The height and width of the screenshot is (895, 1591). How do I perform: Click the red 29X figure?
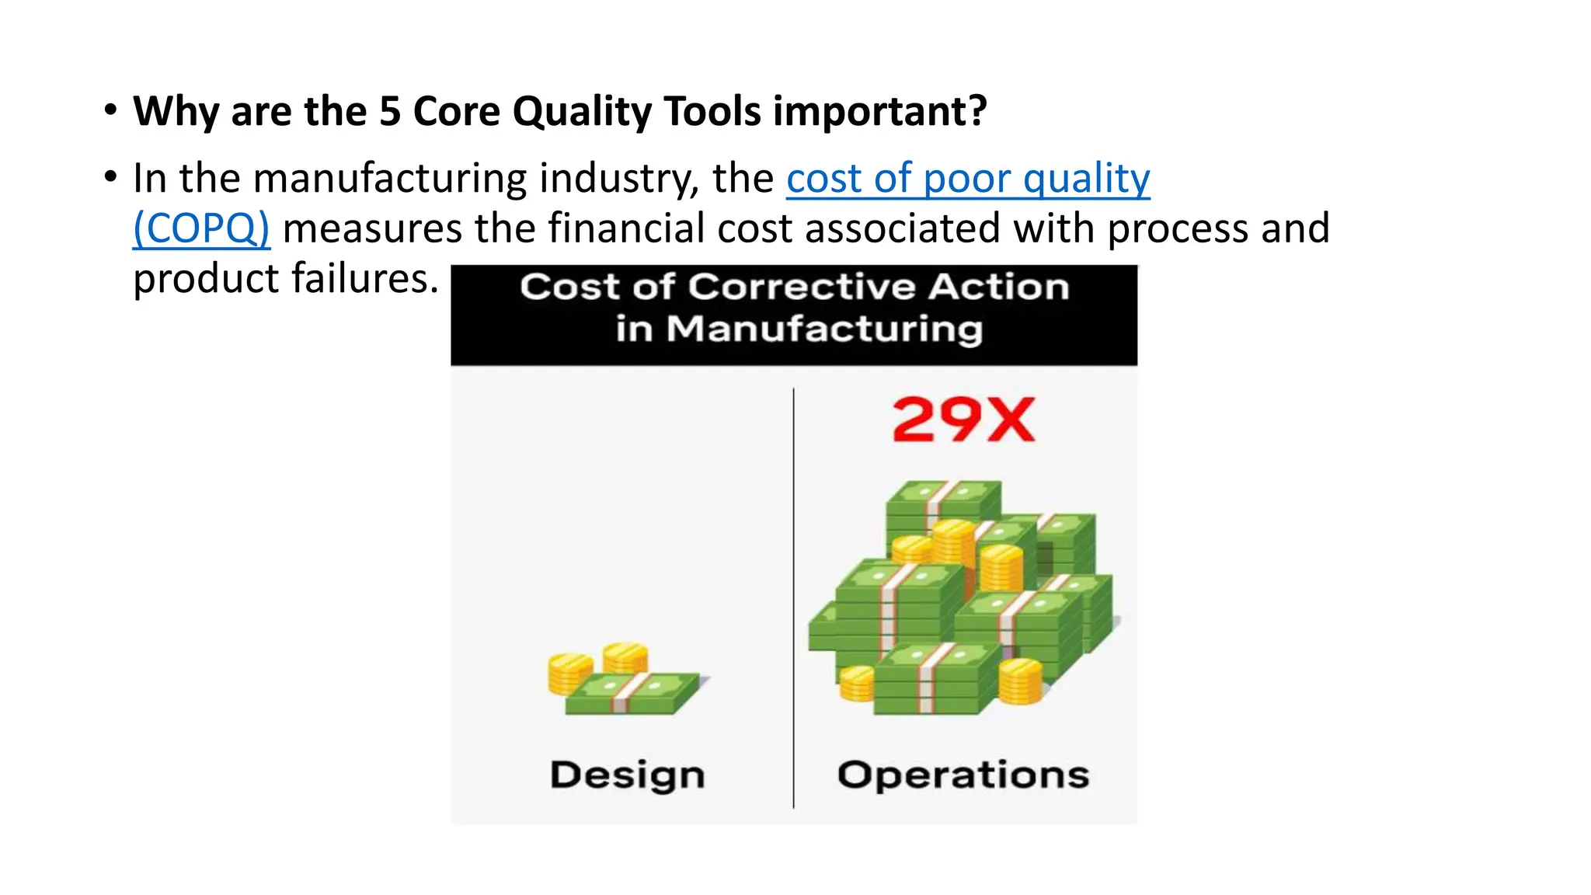tap(963, 420)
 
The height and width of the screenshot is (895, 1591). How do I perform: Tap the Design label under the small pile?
tap(628, 775)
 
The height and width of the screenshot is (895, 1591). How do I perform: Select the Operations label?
tap(963, 775)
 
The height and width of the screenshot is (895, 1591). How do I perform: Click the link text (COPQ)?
tap(201, 228)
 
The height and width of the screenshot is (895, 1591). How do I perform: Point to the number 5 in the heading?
tap(389, 111)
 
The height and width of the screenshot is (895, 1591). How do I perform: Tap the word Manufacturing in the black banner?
tap(825, 329)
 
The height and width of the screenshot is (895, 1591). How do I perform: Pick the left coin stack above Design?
tap(569, 673)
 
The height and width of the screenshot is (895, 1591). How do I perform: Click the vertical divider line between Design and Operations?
tap(793, 598)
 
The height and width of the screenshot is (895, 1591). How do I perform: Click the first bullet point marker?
tap(111, 110)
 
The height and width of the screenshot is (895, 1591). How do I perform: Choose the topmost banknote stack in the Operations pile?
tap(944, 501)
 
